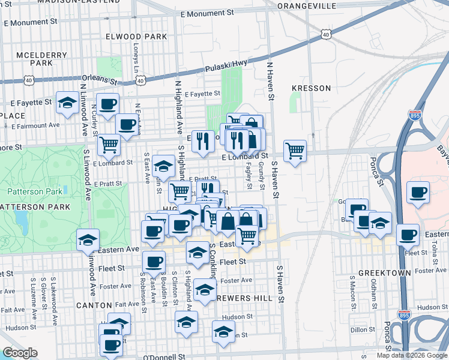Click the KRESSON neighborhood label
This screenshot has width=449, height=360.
311,88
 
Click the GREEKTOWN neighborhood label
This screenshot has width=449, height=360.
385,272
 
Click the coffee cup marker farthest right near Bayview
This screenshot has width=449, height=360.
418,193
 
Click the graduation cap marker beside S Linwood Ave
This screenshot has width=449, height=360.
88,239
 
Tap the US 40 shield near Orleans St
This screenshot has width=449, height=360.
29,79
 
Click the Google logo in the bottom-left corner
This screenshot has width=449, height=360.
20,353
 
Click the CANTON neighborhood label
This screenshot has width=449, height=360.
94,305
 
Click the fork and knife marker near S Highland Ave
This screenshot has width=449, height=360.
202,141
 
